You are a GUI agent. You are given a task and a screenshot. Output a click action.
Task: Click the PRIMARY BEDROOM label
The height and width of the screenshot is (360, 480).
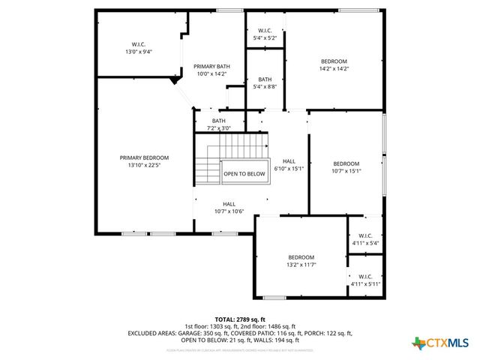click(x=144, y=161)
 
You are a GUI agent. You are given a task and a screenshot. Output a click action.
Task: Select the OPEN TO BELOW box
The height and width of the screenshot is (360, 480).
click(x=244, y=174)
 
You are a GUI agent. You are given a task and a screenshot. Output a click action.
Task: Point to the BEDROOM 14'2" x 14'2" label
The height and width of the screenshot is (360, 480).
click(x=334, y=64)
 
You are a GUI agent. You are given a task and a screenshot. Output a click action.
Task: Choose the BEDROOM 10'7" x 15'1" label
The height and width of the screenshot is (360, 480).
click(x=346, y=167)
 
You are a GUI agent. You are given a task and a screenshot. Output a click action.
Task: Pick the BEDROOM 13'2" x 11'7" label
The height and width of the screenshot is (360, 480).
click(x=301, y=261)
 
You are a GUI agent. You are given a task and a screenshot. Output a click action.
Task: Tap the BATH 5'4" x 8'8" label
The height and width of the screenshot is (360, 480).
click(x=265, y=83)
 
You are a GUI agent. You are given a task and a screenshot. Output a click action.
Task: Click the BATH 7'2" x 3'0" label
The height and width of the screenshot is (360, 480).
click(x=218, y=124)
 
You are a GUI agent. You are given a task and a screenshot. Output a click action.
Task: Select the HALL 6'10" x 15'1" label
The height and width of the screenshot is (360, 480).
click(x=289, y=165)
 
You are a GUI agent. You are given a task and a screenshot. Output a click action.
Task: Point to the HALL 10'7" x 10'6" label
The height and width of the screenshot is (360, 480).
click(x=229, y=208)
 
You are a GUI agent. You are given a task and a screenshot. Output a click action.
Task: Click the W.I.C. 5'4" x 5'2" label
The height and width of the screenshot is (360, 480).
click(x=265, y=34)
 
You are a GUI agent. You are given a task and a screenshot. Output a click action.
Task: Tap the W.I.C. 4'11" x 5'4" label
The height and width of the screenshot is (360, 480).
click(x=365, y=239)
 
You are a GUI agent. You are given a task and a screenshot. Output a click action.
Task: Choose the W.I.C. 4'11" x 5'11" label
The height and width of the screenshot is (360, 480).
click(x=365, y=280)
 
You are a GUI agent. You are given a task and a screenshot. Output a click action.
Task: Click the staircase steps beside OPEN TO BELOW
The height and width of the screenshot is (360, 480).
click(x=208, y=161)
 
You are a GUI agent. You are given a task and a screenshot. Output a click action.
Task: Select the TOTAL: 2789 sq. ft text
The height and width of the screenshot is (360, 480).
click(x=240, y=319)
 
